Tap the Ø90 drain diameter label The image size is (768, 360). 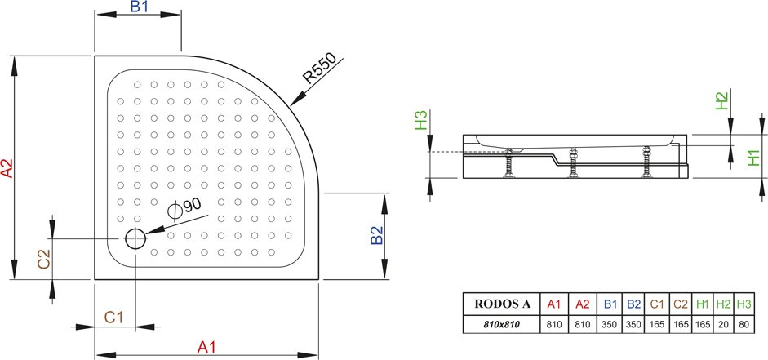[184, 207]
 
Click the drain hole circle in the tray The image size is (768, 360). [135, 238]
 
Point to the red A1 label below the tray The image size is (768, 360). [206, 347]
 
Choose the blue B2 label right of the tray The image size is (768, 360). [376, 234]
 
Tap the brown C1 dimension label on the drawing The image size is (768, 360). [113, 318]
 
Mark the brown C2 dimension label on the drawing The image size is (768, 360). [44, 259]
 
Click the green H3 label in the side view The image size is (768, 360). [421, 120]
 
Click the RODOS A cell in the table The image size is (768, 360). [502, 304]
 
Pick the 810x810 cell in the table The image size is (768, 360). [502, 324]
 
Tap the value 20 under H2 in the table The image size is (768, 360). [723, 324]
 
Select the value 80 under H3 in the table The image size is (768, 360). [744, 324]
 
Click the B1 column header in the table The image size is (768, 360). [610, 304]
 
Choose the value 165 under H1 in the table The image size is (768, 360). [703, 324]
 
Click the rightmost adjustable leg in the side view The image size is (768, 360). [647, 162]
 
